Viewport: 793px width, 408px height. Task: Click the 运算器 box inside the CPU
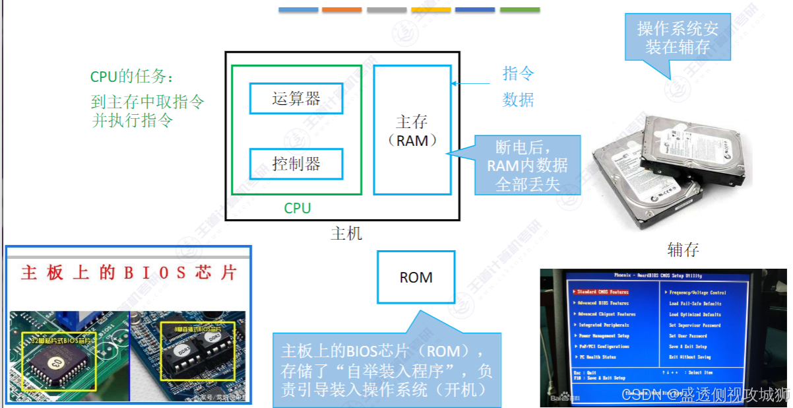(296, 98)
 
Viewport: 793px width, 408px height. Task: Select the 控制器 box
(296, 163)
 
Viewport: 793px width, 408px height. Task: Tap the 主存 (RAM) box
(412, 130)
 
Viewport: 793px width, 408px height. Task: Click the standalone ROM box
(416, 277)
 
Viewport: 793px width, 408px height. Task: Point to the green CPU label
(297, 208)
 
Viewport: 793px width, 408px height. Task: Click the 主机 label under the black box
(346, 233)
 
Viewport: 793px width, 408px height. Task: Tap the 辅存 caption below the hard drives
(682, 250)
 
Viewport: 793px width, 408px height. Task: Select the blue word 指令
(518, 73)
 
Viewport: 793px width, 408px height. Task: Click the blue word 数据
(518, 100)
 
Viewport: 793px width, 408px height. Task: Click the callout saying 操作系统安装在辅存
(678, 38)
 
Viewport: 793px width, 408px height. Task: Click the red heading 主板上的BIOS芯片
(128, 273)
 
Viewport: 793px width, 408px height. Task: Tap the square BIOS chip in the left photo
(57, 362)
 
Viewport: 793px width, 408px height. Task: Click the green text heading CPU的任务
(132, 77)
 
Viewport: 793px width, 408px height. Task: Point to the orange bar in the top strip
(342, 10)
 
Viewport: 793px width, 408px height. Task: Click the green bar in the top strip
(519, 10)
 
